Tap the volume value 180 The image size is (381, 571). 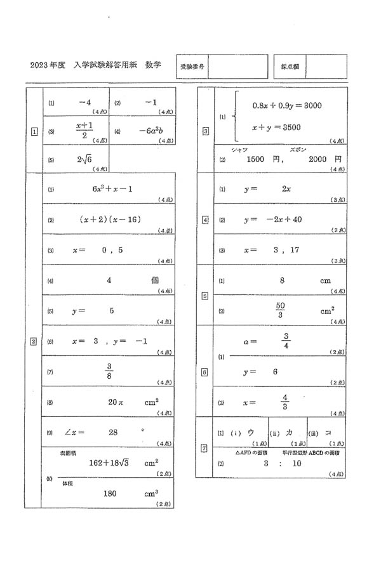click(110, 493)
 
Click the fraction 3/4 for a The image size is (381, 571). click(286, 341)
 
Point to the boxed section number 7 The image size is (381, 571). click(204, 449)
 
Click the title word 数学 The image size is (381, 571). click(153, 65)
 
